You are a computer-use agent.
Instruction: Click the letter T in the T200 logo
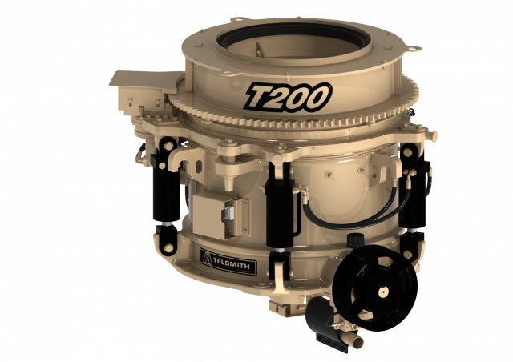coord(259,97)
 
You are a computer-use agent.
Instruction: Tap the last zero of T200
coord(317,96)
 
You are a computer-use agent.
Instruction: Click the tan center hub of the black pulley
coord(382,292)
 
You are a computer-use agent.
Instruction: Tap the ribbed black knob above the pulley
coord(354,240)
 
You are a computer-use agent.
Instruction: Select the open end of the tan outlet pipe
coord(358,343)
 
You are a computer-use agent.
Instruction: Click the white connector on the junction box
coord(226,213)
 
